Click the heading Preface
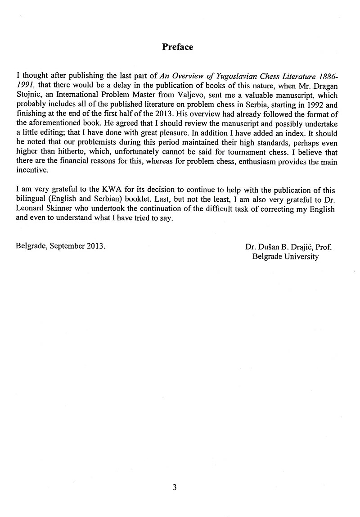177,47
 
